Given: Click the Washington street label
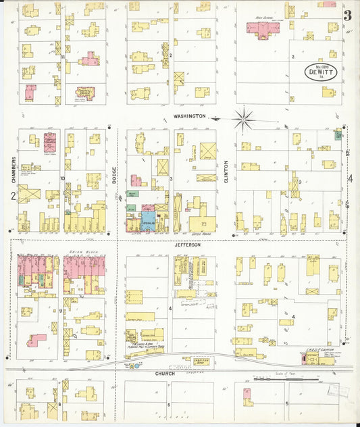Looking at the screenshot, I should click(x=189, y=116).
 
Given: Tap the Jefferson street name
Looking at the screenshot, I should click(x=188, y=245).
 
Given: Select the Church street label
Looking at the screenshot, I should click(x=164, y=373).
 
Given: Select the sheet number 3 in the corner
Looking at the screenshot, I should click(x=347, y=16).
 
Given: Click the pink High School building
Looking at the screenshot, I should click(x=263, y=28).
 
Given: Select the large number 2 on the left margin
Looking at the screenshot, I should click(x=13, y=196).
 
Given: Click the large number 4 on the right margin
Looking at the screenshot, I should click(x=350, y=179).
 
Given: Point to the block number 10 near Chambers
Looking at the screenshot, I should click(x=61, y=178).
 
